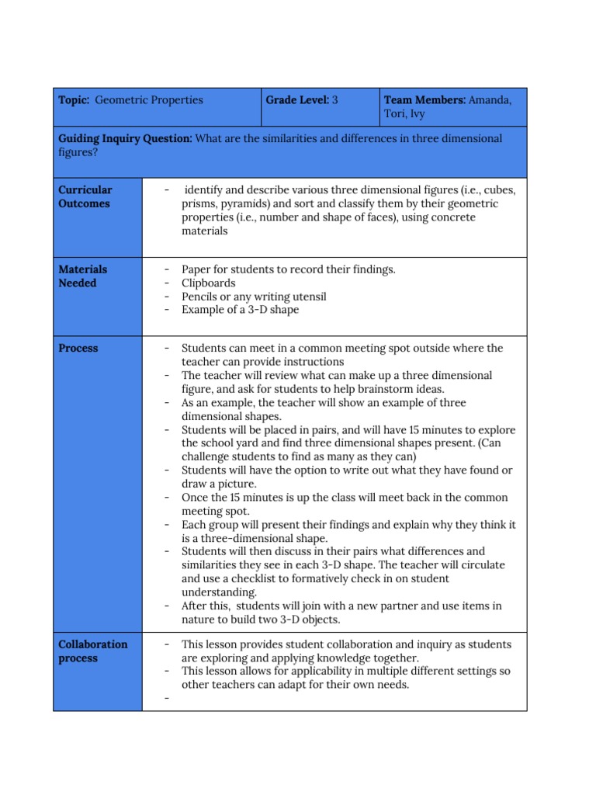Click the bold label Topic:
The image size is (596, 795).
[x=74, y=100]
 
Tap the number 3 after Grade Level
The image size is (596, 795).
[x=335, y=100]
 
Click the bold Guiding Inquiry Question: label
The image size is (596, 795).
[x=126, y=138]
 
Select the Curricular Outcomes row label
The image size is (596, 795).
[x=85, y=196]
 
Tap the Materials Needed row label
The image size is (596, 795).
[x=83, y=276]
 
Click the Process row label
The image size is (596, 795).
[x=78, y=349]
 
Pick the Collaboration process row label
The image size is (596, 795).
[x=93, y=651]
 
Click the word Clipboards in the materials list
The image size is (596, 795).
[x=208, y=283]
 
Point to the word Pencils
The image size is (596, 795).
[x=201, y=297]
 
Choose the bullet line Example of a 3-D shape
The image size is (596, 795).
[x=240, y=310]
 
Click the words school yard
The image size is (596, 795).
[x=237, y=443]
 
